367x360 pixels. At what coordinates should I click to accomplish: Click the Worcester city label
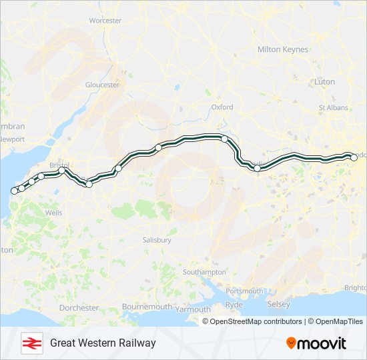[105, 21]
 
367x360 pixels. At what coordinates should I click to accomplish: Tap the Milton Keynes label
[283, 49]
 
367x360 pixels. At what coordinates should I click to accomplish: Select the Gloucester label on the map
[102, 85]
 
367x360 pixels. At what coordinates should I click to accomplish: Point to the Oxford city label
[222, 107]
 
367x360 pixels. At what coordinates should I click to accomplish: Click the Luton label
[325, 81]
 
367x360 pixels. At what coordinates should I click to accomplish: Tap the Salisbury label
[157, 239]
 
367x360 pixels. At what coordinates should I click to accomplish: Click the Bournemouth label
[147, 307]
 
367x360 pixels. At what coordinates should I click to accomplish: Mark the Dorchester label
[79, 308]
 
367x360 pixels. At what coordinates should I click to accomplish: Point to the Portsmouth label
[244, 291]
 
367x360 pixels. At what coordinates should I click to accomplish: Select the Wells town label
[54, 213]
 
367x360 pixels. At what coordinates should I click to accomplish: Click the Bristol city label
[59, 164]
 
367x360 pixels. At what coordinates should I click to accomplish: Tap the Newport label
[13, 139]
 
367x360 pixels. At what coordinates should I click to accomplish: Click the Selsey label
[279, 305]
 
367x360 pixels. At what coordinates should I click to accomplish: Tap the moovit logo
[316, 343]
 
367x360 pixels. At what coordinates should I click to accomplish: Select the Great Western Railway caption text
[103, 343]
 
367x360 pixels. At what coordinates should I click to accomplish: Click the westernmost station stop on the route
[13, 191]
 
